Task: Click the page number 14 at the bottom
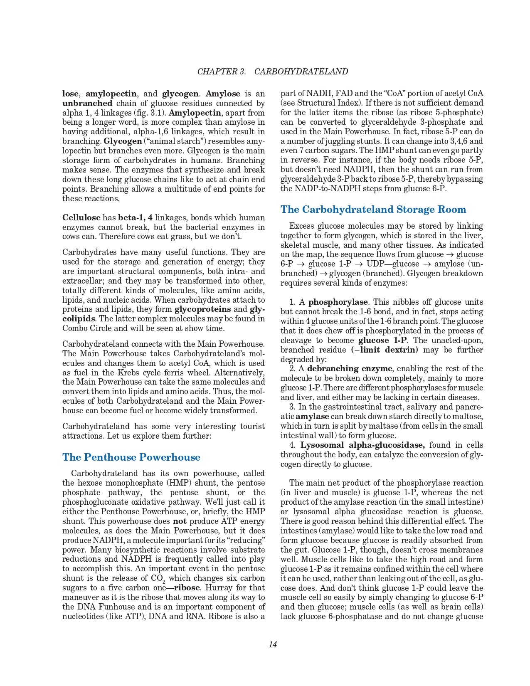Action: pos(273,644)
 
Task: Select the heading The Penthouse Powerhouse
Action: pos(131,457)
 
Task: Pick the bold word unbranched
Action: pos(87,103)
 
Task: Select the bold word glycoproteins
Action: pos(202,309)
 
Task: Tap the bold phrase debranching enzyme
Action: pos(349,369)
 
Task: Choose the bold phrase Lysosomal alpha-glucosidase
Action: pos(362,445)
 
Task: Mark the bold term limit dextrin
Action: pos(389,350)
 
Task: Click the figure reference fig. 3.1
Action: pos(153,113)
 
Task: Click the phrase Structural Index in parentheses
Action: pos(324,103)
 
